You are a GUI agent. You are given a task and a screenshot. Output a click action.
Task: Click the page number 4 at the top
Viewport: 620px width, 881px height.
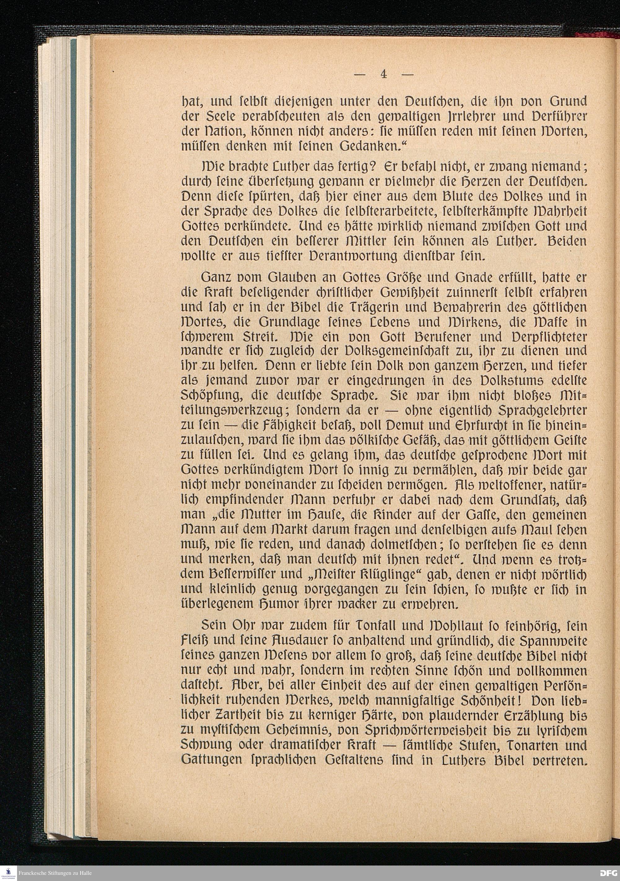coord(383,74)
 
